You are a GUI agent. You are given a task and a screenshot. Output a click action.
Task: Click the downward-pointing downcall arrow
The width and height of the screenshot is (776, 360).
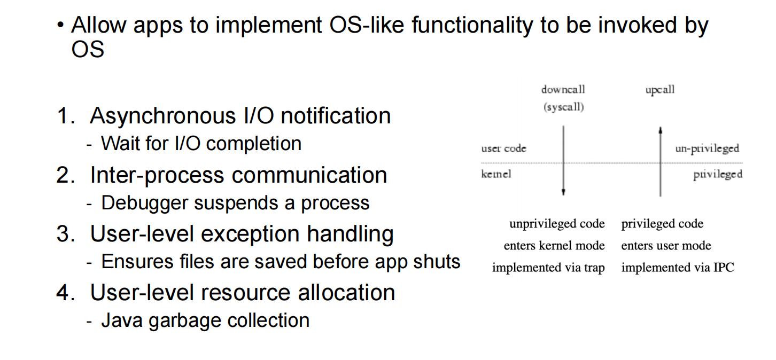pyautogui.click(x=563, y=160)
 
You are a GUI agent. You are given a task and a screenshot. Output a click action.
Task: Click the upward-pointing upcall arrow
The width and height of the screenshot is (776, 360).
pyautogui.click(x=661, y=160)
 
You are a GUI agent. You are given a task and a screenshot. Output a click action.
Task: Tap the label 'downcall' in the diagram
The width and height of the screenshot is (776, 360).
pyautogui.click(x=563, y=89)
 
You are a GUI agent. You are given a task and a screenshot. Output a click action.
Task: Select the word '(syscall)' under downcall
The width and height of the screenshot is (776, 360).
pyautogui.click(x=563, y=107)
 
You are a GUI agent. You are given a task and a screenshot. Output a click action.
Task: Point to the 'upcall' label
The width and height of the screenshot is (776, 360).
pyautogui.click(x=659, y=90)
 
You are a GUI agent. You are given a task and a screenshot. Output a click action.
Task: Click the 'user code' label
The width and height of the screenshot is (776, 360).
pyautogui.click(x=503, y=148)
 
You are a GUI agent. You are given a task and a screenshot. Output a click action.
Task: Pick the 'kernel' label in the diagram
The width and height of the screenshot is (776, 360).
pyautogui.click(x=496, y=174)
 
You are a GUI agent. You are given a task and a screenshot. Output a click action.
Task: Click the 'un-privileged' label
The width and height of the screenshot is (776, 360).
pyautogui.click(x=707, y=148)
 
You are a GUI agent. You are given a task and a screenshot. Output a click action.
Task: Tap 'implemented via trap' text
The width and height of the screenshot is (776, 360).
pyautogui.click(x=548, y=268)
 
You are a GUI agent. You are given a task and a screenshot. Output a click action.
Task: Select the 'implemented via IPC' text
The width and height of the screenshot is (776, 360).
pyautogui.click(x=677, y=268)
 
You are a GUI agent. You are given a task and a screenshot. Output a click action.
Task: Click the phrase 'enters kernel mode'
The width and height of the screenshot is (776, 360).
pyautogui.click(x=554, y=246)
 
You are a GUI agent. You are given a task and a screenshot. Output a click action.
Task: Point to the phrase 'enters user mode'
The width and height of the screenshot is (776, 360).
pyautogui.click(x=666, y=246)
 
